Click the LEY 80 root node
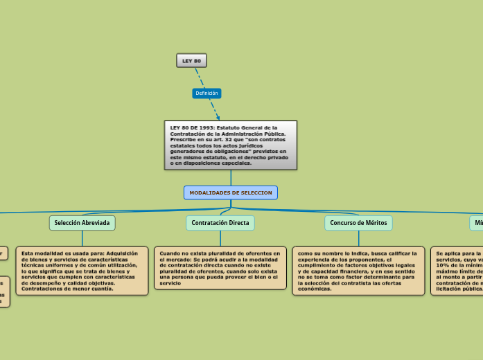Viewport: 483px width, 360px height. (x=191, y=61)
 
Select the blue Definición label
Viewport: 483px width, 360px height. (x=207, y=93)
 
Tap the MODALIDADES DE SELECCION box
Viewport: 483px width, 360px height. (x=231, y=192)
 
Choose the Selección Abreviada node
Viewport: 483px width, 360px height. (x=82, y=223)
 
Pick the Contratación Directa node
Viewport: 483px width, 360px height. (x=220, y=223)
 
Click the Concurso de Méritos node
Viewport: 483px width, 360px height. (x=358, y=223)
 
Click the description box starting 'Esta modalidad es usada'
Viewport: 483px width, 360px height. (x=82, y=271)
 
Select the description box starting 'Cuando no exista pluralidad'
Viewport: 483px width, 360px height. (x=220, y=268)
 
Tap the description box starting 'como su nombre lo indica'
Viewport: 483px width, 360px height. (x=358, y=271)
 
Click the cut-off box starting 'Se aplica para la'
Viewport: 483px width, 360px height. (x=457, y=271)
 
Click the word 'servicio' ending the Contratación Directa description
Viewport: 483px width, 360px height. (x=170, y=283)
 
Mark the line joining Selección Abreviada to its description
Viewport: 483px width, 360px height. (x=82, y=238)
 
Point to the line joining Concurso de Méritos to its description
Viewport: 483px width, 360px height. (x=358, y=238)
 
